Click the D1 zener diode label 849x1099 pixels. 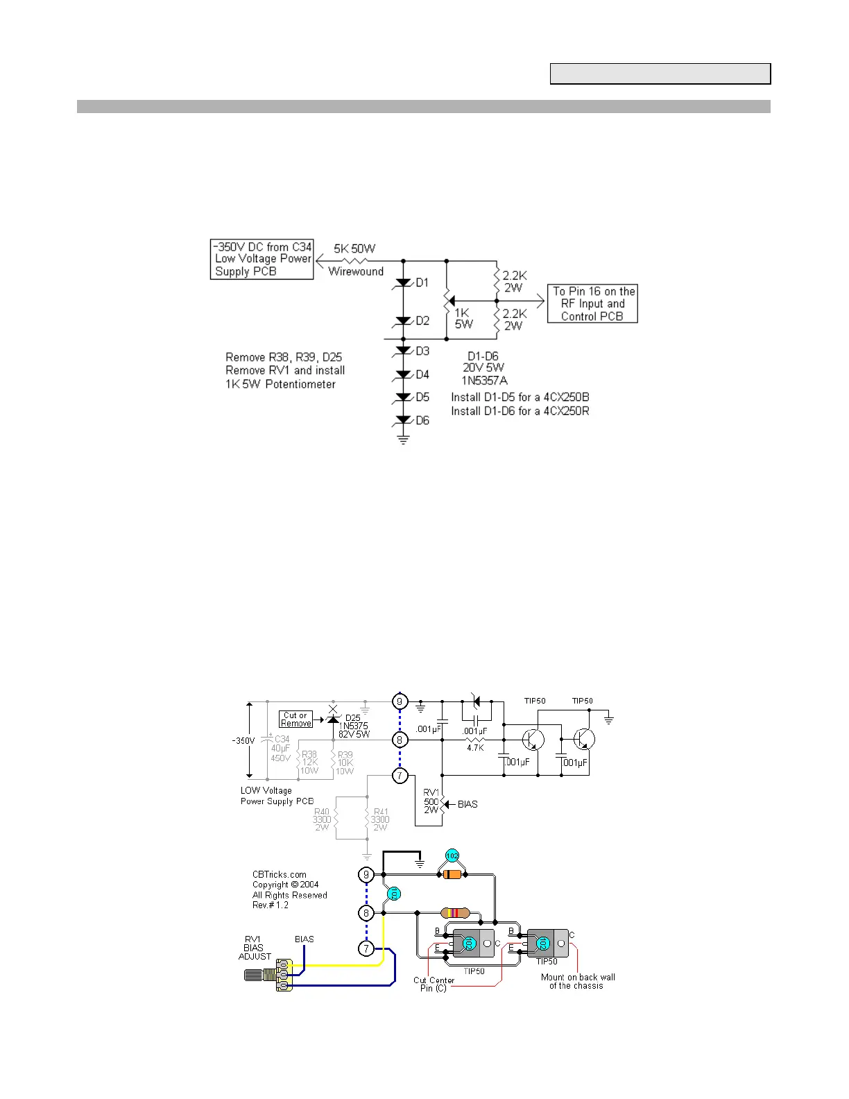(x=422, y=282)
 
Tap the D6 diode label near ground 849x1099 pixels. (x=422, y=420)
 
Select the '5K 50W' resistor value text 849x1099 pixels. (x=354, y=248)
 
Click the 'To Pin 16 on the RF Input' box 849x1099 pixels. (x=592, y=304)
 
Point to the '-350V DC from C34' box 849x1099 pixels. (x=262, y=259)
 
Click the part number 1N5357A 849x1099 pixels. (x=484, y=380)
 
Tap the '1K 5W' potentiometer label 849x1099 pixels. (x=463, y=318)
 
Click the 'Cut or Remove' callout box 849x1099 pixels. (x=295, y=719)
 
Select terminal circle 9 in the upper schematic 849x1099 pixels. (x=400, y=701)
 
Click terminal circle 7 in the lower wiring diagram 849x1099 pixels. (x=366, y=948)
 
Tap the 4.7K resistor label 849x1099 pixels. (x=475, y=748)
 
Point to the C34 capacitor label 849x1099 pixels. (x=282, y=739)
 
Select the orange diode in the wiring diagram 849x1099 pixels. (x=452, y=875)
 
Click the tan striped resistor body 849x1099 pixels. (x=455, y=913)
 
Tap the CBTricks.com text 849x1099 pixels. (x=279, y=875)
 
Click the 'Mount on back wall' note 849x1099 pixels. (x=578, y=981)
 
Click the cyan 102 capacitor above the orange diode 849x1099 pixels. (x=452, y=855)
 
